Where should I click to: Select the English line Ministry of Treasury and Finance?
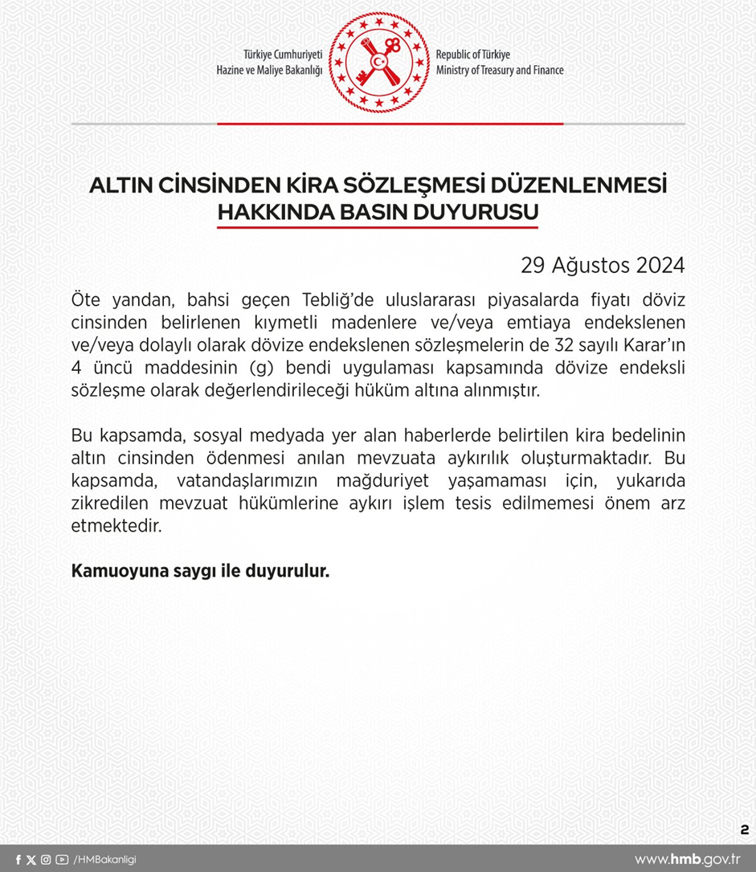[500, 71]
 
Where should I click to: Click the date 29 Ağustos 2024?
[602, 265]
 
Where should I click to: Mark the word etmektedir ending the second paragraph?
[116, 528]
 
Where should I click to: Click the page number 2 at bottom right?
[744, 829]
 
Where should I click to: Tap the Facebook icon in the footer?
[18, 860]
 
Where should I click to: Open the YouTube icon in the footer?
[62, 860]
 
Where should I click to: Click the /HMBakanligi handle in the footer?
[104, 860]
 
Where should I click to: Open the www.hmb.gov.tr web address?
[688, 859]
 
